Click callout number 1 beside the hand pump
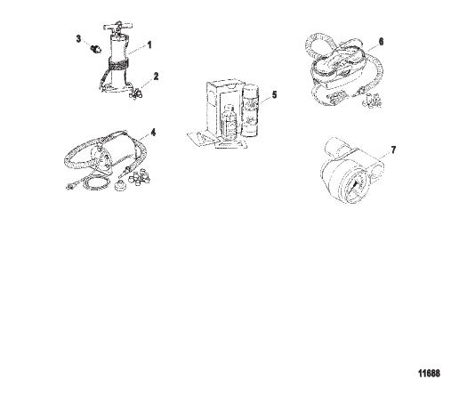click(149, 45)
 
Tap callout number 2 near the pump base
click(156, 77)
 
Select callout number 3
click(78, 38)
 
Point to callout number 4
click(153, 133)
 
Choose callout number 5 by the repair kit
click(274, 95)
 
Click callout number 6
click(382, 42)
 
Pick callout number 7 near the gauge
click(393, 150)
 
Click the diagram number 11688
click(429, 373)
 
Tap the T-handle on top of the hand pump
click(117, 27)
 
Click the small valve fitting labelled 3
click(96, 48)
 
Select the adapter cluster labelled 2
click(136, 94)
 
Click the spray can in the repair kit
click(252, 110)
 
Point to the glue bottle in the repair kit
click(229, 123)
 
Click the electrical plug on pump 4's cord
click(69, 186)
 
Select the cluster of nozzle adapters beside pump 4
click(139, 177)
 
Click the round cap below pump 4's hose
click(120, 186)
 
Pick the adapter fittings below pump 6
click(372, 101)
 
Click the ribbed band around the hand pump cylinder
click(118, 64)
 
